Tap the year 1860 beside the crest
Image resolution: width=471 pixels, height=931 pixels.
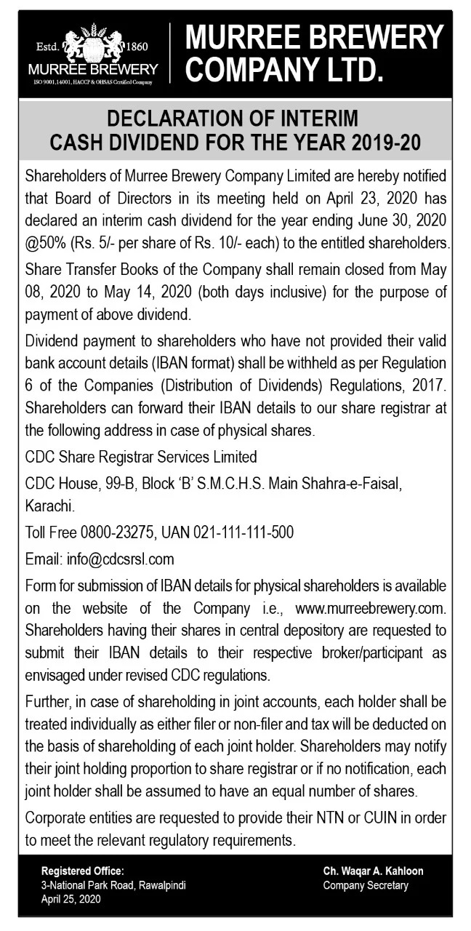point(137,47)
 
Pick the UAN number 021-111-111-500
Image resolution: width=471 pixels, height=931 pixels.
point(243,532)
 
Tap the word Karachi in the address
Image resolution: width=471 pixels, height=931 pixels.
point(48,504)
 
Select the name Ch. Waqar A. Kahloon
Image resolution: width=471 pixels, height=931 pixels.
point(373,871)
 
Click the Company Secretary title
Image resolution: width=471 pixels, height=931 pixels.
point(366,885)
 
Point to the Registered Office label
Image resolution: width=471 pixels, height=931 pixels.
point(83,871)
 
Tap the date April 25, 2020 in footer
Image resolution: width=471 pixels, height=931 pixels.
point(71,900)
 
